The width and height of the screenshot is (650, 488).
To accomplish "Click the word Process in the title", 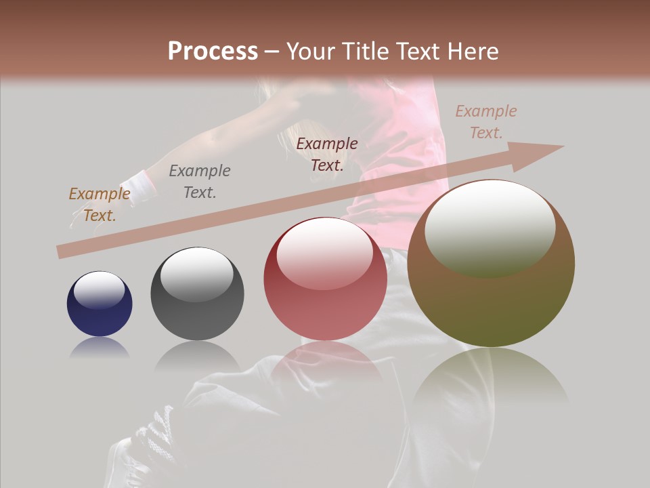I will click(x=213, y=52).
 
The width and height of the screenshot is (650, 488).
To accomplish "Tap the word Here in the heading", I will click(x=473, y=52).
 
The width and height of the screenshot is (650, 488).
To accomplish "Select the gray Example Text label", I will click(x=200, y=182).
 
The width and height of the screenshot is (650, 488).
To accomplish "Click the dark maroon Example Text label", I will click(x=327, y=154).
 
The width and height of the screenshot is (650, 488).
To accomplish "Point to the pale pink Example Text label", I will click(x=485, y=122).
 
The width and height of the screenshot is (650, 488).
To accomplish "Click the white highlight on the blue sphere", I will click(x=99, y=290).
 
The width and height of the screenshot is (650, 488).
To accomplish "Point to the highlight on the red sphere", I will click(x=324, y=253).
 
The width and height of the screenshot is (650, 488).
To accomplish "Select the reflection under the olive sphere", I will click(x=491, y=380).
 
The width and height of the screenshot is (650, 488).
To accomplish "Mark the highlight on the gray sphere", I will click(x=196, y=274).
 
